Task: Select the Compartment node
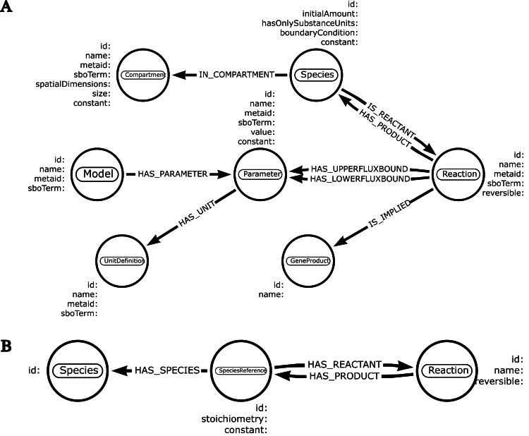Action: pos(144,74)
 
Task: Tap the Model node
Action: pos(99,174)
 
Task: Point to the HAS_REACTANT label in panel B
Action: pos(344,363)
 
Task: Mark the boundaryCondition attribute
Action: pos(320,32)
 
